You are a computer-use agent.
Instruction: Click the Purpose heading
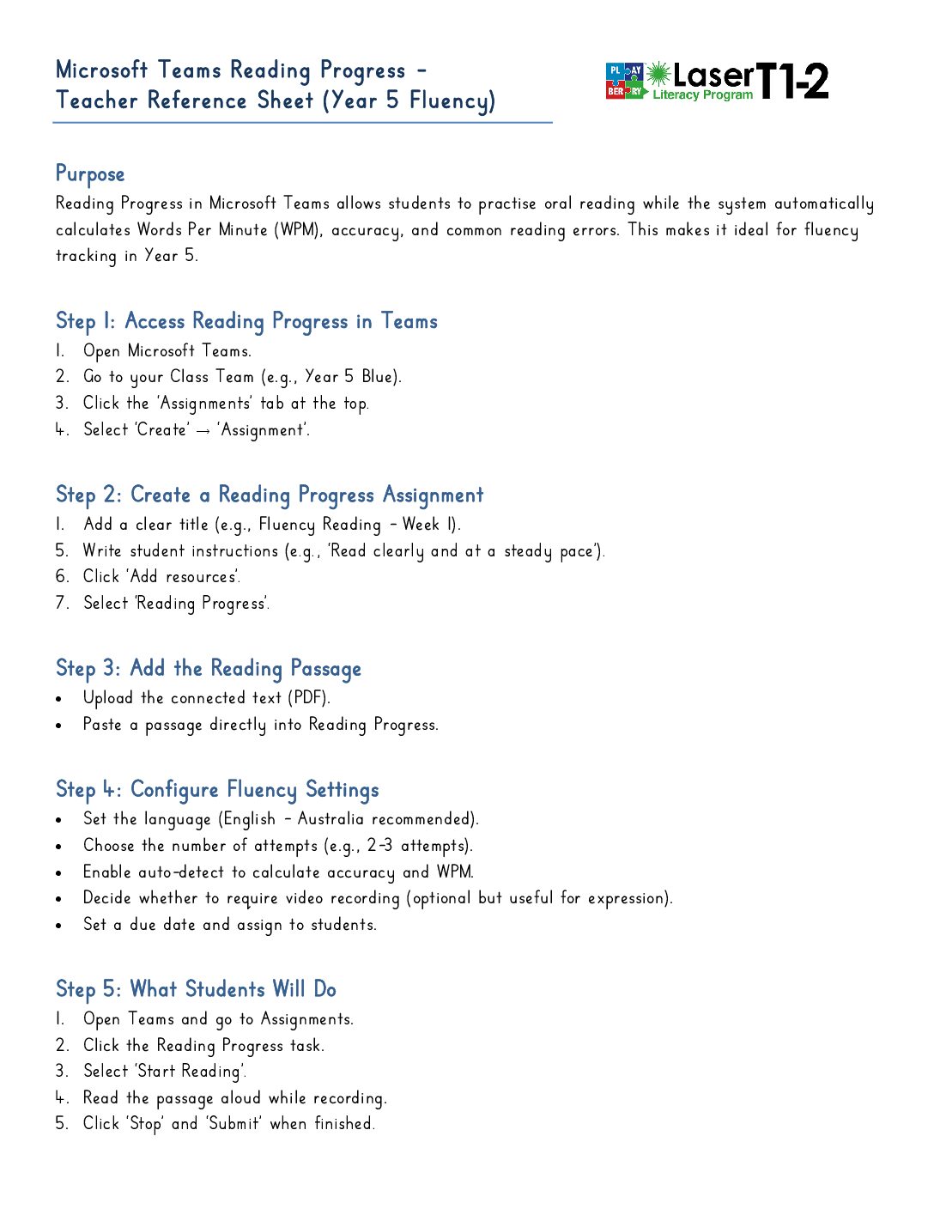(90, 174)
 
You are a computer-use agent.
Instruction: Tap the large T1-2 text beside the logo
(793, 82)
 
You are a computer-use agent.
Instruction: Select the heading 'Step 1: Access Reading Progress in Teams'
(246, 322)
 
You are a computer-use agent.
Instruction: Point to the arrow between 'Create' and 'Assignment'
(203, 431)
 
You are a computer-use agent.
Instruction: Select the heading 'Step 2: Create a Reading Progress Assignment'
(270, 495)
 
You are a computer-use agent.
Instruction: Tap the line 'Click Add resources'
(161, 577)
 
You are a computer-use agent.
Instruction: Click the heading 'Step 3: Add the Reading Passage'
(209, 669)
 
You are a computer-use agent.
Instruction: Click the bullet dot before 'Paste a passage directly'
(58, 726)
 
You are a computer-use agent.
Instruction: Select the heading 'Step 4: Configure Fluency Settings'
(217, 790)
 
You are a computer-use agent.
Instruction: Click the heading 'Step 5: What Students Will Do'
(196, 989)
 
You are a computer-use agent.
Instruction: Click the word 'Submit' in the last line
(233, 1124)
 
